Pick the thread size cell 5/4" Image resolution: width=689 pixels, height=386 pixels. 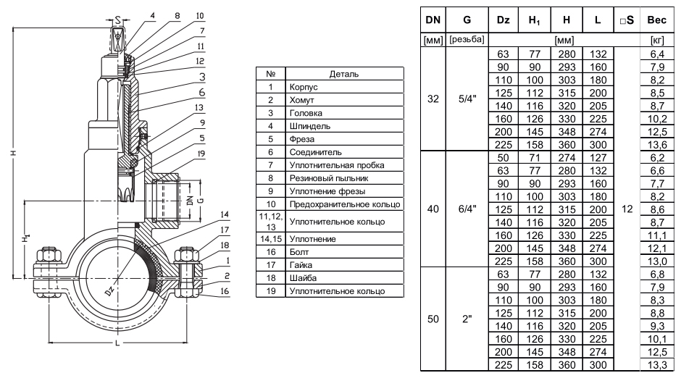tap(467, 99)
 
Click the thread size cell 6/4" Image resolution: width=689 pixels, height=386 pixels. tap(467, 209)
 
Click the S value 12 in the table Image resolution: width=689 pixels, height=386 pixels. tap(627, 209)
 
